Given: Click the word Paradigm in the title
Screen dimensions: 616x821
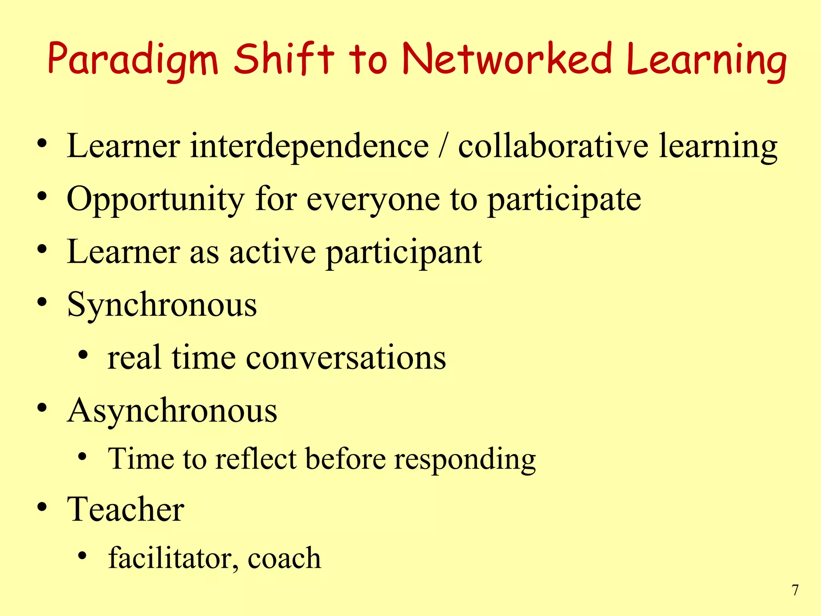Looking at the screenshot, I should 133,60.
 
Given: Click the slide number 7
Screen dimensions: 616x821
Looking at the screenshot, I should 795,590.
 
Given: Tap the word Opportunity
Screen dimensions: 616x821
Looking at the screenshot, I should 156,200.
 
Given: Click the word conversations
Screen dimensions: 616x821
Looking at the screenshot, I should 346,358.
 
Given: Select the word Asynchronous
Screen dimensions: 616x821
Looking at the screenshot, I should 172,411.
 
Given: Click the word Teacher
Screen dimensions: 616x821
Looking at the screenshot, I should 126,509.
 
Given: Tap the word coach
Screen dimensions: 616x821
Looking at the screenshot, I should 284,558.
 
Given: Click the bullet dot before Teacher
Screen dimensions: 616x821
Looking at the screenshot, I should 42,508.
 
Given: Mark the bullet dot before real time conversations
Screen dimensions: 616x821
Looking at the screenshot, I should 83,355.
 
